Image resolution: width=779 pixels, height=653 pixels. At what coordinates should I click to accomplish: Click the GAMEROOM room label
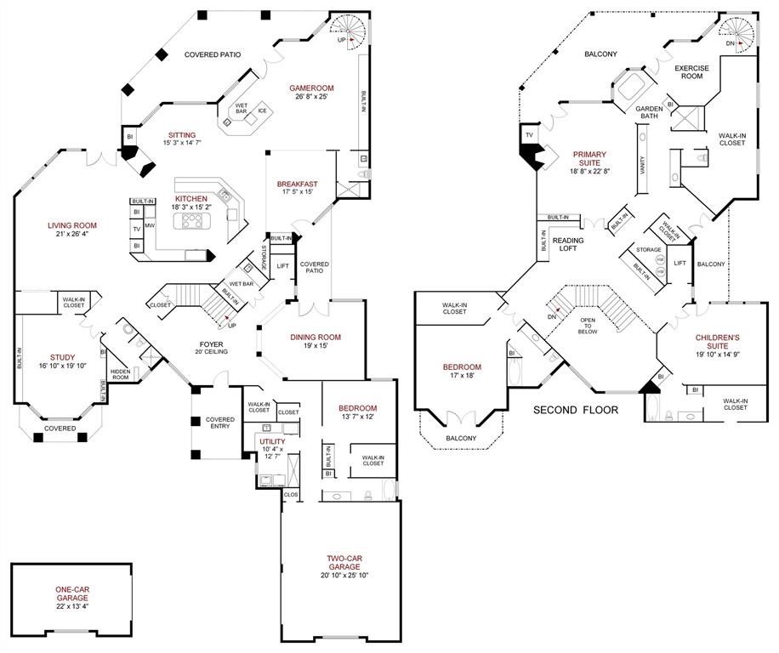pos(310,88)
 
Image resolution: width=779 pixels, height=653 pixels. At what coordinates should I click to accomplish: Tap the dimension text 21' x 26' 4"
pos(72,235)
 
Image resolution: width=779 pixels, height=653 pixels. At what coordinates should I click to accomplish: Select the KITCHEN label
pos(191,198)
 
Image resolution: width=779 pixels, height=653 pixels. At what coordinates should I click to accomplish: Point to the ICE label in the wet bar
pos(262,111)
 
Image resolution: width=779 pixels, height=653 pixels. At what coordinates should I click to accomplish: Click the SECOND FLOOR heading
pos(576,410)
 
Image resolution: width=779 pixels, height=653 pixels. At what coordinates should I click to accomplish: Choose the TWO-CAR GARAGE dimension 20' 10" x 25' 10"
pos(344,575)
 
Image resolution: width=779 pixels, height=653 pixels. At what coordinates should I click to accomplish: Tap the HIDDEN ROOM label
pos(119,373)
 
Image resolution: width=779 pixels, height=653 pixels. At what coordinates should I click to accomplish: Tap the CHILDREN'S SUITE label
pos(717,343)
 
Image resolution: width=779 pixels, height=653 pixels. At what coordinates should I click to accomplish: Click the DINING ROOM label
pos(316,336)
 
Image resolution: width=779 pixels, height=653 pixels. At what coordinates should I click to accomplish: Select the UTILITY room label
pos(273,442)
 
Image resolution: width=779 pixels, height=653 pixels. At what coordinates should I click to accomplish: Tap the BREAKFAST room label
pos(297,184)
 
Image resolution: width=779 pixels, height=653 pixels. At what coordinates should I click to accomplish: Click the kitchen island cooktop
pos(191,222)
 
